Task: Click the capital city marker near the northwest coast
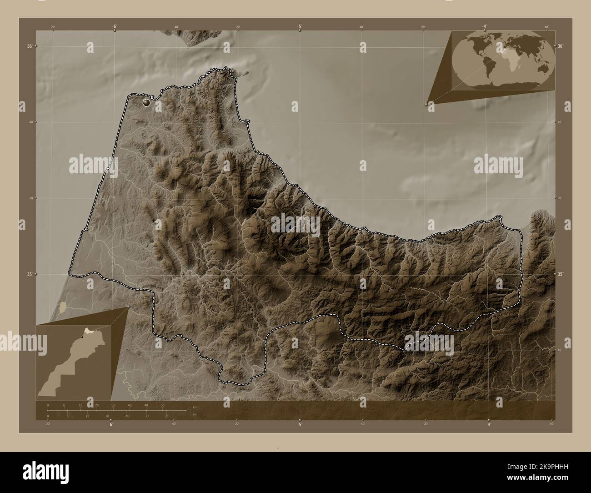(x=146, y=103)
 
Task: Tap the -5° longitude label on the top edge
(x=300, y=27)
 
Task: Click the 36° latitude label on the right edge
(x=560, y=46)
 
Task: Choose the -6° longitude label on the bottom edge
(x=110, y=424)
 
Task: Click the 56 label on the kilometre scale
(x=162, y=405)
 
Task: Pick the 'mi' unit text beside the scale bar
(x=194, y=414)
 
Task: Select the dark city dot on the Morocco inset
(x=82, y=337)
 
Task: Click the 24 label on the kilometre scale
(x=96, y=405)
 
